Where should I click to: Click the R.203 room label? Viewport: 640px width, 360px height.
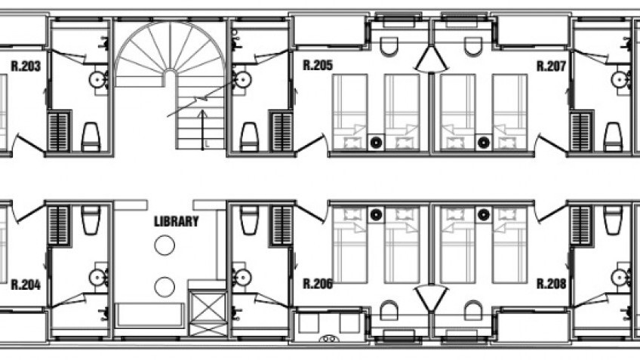[25, 66]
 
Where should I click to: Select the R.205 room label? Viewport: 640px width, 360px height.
[317, 66]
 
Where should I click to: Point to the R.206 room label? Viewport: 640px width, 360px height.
[317, 285]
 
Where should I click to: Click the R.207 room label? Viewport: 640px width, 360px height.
[551, 66]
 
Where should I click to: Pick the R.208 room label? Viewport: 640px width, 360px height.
[551, 285]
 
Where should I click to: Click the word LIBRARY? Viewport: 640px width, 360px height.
[176, 222]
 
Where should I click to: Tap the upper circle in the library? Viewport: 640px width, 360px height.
[165, 245]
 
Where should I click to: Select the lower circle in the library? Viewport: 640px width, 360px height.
[165, 286]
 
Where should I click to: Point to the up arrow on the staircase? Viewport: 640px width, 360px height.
[202, 121]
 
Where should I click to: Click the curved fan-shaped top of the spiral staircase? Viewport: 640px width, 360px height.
[170, 49]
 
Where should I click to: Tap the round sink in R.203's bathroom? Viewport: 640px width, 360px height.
[97, 78]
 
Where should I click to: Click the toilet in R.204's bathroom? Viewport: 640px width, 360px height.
[91, 220]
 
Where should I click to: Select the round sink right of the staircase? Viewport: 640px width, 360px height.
[242, 78]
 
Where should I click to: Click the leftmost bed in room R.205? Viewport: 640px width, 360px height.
[350, 112]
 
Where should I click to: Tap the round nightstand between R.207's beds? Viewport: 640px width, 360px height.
[484, 141]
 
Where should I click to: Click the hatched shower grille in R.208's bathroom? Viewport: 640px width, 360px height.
[581, 224]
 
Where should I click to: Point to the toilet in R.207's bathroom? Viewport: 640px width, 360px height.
[613, 137]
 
